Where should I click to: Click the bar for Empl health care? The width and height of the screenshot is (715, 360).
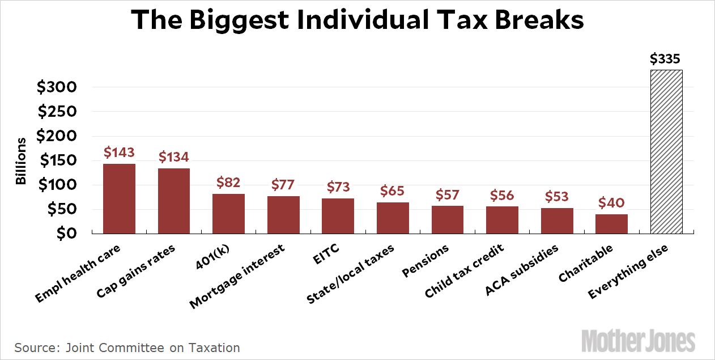119,198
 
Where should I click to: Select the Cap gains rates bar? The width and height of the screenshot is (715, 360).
174,201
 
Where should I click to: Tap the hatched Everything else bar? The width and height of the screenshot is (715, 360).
666,151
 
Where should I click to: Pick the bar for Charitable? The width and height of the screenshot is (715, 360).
611,224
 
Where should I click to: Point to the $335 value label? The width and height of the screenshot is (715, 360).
665,59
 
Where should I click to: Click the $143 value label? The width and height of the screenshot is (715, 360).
119,153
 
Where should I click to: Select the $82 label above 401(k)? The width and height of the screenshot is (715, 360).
228,183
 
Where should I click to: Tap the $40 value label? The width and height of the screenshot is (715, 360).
611,203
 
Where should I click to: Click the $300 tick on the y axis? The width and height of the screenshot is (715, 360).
57,87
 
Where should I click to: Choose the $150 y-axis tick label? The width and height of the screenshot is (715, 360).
57,160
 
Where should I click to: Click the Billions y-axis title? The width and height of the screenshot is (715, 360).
21,160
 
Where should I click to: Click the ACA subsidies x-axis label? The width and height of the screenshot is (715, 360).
522,270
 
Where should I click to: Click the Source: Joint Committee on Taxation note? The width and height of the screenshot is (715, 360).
127,348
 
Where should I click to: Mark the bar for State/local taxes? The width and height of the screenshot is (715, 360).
393,218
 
